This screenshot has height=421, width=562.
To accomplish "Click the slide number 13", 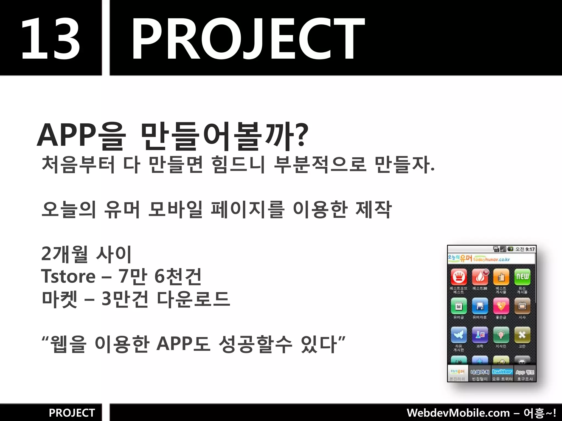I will click(x=51, y=38).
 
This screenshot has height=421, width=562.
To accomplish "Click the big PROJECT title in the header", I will click(x=248, y=38).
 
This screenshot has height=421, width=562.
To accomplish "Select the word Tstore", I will click(x=68, y=276).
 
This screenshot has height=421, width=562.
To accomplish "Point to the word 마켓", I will click(x=60, y=299).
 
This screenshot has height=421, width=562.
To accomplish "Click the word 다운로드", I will click(x=193, y=299).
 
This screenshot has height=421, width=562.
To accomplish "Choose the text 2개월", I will click(x=64, y=254).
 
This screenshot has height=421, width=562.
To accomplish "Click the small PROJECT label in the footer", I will click(x=72, y=413).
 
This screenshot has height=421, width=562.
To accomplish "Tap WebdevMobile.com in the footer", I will click(x=458, y=413).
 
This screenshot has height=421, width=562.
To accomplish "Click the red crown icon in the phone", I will click(x=459, y=277).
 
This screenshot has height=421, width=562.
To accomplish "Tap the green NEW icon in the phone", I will click(x=522, y=277).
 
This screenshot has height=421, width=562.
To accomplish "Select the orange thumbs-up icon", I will click(x=501, y=277).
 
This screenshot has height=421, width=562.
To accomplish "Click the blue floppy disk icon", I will click(x=480, y=306).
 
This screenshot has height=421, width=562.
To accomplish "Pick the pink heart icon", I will click(x=501, y=306).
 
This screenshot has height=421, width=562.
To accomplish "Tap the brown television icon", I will click(x=522, y=306).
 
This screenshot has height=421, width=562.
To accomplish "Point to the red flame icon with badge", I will click(x=480, y=277).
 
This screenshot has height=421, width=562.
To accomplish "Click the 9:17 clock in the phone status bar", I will click(x=530, y=249).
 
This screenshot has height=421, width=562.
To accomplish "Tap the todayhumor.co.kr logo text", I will click(x=491, y=259).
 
